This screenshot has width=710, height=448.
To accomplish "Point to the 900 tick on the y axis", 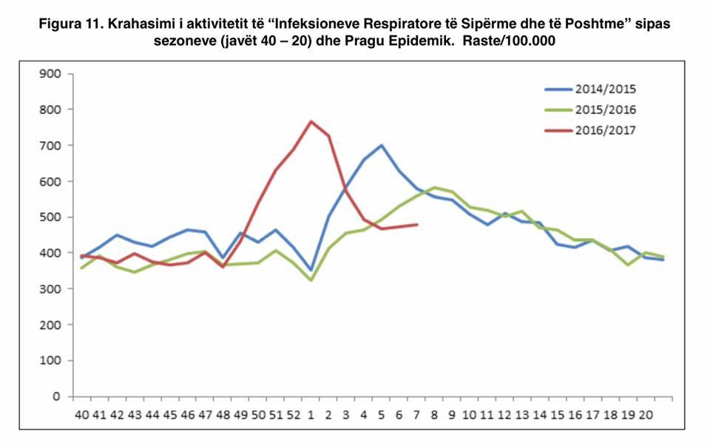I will point(51,73).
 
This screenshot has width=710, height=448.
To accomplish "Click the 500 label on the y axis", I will point(51,217).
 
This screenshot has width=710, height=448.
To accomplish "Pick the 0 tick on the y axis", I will point(56,397).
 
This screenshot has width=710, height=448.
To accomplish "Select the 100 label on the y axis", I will point(51,361).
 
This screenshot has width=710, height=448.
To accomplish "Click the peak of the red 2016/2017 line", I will point(311,121).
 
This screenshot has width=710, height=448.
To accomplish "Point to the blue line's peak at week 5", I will point(382,145).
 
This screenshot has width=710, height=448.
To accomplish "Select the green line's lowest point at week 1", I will point(311,281).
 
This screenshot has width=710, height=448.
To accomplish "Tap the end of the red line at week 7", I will point(417,224).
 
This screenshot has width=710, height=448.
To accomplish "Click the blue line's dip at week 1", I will point(311,271).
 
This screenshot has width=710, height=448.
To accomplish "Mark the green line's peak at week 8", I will point(435,187).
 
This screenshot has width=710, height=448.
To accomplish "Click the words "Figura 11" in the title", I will point(70,24).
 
